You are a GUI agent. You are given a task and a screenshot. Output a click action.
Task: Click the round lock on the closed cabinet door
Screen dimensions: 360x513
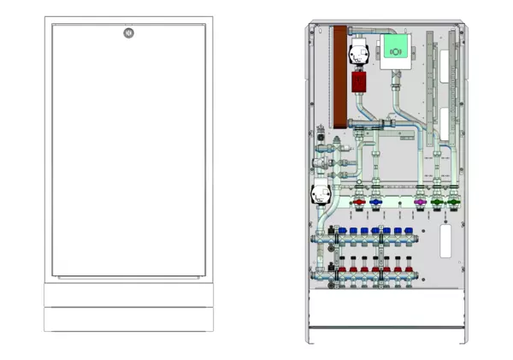coord(128,34)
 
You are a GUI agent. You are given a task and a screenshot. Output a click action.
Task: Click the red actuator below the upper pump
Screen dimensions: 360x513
coord(359,82)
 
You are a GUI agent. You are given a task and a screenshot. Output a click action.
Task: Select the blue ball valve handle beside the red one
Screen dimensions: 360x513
coord(375,204)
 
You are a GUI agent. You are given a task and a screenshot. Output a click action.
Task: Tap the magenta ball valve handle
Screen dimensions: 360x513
coord(420,204)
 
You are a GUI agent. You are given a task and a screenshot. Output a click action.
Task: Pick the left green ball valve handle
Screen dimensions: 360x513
coord(438,204)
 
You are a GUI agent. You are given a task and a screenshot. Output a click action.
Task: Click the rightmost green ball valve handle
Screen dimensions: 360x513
coord(453,204)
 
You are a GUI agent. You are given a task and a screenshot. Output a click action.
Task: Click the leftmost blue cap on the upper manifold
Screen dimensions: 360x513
coord(343,232)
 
